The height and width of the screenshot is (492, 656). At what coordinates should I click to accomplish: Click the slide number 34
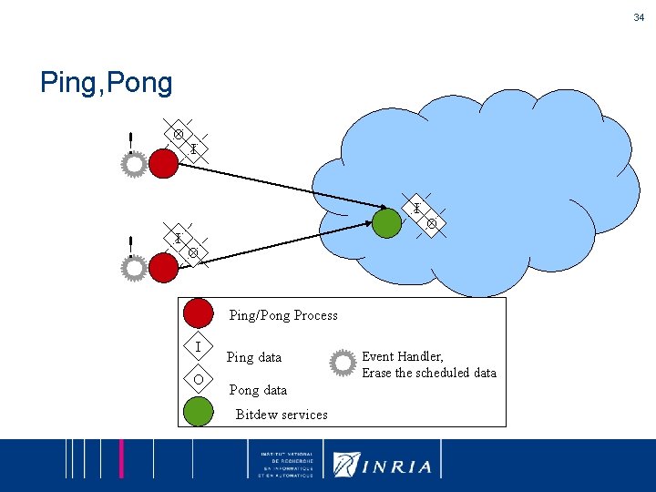click(x=638, y=17)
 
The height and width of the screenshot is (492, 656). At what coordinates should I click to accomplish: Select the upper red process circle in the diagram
click(x=163, y=163)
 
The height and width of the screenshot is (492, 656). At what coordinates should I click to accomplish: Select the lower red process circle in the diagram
click(x=163, y=267)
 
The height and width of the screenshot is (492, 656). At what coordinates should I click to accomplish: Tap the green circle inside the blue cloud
click(x=387, y=223)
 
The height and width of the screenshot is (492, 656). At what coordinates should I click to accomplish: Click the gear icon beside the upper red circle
click(x=134, y=165)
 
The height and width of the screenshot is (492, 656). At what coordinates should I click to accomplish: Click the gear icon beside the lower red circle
click(x=134, y=268)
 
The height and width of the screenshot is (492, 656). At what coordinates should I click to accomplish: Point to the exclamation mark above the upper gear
click(x=131, y=141)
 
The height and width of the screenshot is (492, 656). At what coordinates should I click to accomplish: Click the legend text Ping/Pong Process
click(x=282, y=315)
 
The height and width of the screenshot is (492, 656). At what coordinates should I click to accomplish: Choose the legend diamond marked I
click(x=198, y=346)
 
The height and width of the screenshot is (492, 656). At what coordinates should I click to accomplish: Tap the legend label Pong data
click(x=258, y=390)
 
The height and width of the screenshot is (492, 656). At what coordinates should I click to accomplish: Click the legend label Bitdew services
click(x=282, y=415)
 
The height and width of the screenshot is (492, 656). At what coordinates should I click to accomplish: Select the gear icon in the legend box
click(x=343, y=363)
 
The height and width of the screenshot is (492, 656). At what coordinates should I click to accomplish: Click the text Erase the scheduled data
click(x=429, y=373)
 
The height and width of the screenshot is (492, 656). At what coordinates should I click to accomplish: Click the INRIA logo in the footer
click(x=383, y=464)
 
